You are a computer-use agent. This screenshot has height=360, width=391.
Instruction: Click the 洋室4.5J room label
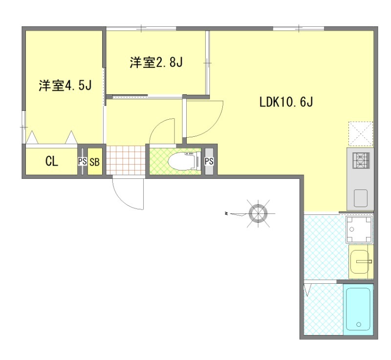coord(65,85)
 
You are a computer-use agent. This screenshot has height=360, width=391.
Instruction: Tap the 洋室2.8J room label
coord(156,63)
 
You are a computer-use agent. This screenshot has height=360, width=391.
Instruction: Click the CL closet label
coord(52,162)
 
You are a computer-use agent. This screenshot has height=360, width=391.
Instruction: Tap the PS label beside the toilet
coord(209,162)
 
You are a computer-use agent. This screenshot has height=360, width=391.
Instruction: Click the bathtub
coord(359,310)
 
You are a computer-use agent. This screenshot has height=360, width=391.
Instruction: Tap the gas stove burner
coord(361,160)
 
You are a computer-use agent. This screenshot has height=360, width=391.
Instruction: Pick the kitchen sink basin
coord(361,198)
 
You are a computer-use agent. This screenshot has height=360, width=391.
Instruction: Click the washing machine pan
coord(359,229)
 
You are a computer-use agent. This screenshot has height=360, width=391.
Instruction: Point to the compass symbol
coord(258,213)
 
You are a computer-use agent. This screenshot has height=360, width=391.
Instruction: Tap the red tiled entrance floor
coord(126,160)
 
